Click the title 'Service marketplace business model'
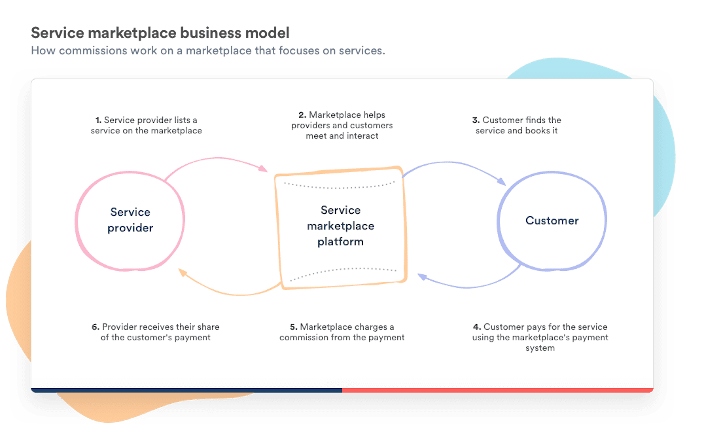tap(160, 33)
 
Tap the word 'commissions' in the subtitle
tap(93, 51)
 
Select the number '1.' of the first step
tap(98, 120)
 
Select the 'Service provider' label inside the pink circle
tap(130, 220)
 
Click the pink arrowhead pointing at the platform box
tap(263, 168)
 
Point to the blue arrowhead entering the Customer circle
tap(501, 181)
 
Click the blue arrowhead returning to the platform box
tap(422, 276)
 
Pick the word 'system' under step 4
tap(540, 348)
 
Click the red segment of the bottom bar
tap(497, 390)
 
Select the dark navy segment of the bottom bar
tap(186, 390)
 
